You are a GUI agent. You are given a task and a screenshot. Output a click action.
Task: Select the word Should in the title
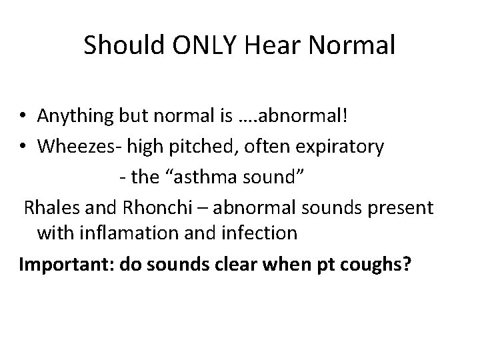[121, 46]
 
